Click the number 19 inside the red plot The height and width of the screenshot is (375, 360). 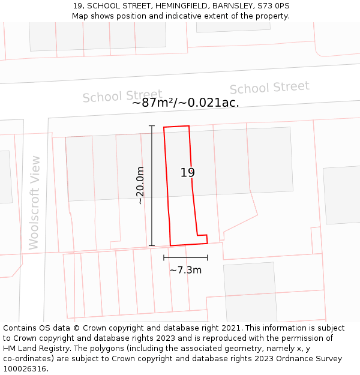188,173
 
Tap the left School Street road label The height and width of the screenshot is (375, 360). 122,96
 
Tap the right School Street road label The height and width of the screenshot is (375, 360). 269,88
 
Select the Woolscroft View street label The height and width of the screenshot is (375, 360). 34,203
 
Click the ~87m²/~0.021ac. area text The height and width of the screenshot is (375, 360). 185,103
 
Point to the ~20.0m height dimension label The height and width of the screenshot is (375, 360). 140,185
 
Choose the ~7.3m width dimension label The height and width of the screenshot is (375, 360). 185,270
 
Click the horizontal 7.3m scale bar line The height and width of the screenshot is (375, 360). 185,257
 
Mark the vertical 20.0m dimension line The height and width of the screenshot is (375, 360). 152,185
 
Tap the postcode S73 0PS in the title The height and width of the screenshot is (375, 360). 274,5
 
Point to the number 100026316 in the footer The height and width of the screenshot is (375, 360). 25,369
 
